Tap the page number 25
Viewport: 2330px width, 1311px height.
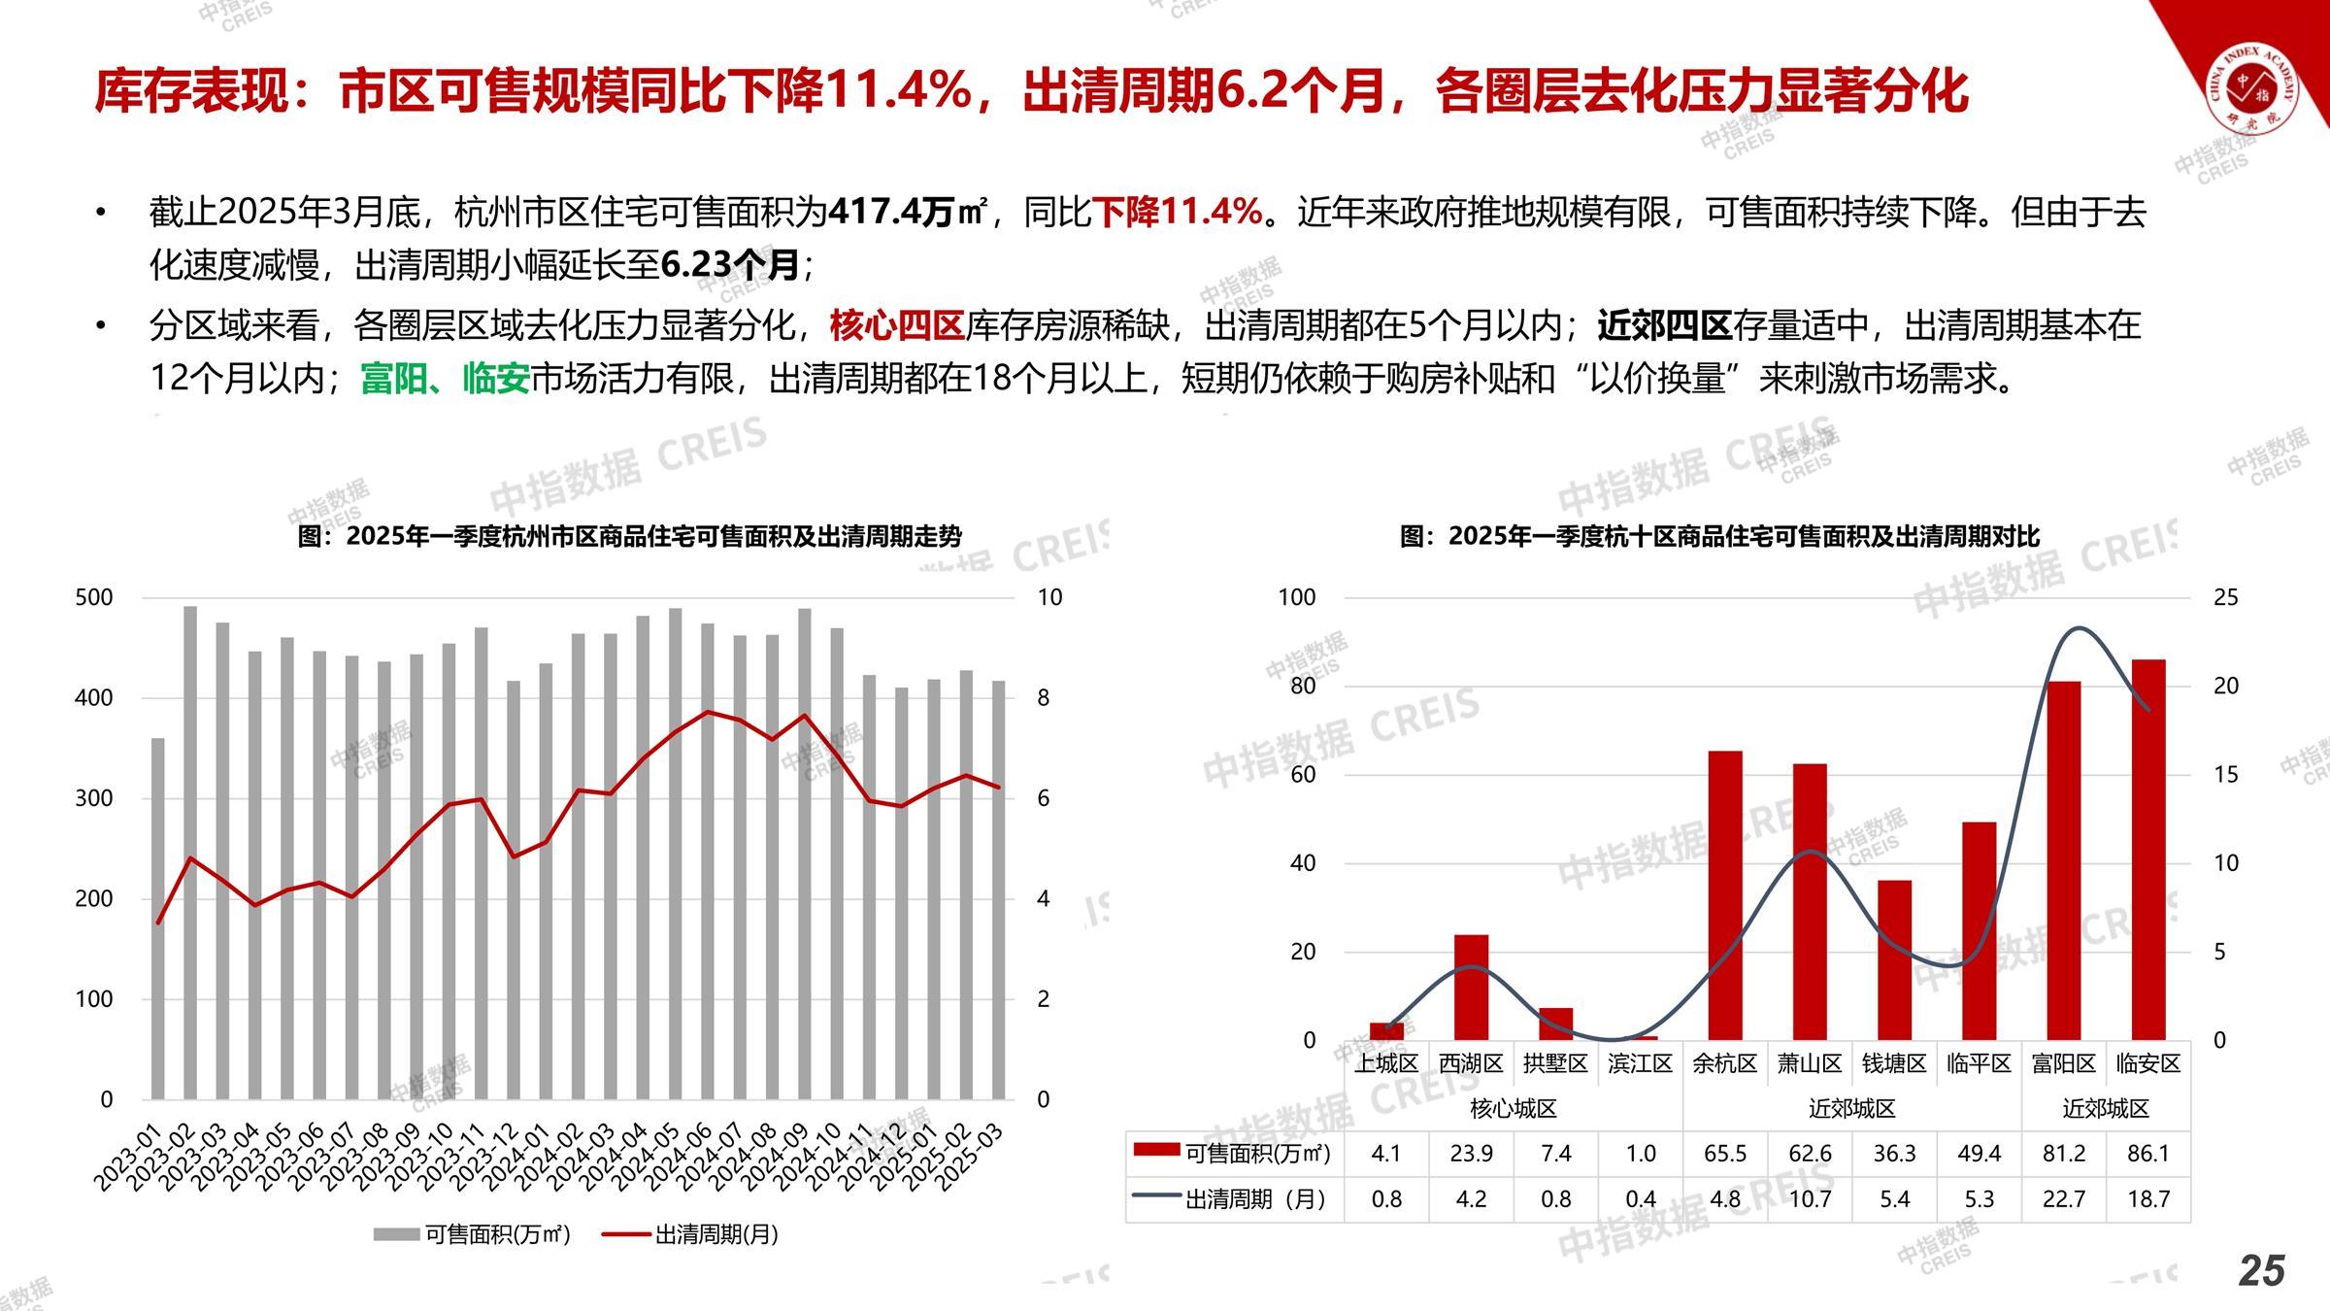[x=2261, y=1271]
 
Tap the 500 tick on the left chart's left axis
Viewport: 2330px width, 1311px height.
[x=94, y=597]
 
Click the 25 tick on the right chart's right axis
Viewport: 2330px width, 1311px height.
[x=2225, y=597]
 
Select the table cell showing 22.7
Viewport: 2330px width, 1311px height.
[x=2063, y=1199]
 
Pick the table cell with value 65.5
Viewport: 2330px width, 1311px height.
[x=1725, y=1154]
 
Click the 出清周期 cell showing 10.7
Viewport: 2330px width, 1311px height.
[x=1810, y=1199]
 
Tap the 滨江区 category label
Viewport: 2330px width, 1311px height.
[x=1640, y=1063]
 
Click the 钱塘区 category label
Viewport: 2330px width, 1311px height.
[x=1894, y=1063]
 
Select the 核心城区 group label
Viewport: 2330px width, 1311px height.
[x=1514, y=1108]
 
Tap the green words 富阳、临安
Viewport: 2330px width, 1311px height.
[x=445, y=378]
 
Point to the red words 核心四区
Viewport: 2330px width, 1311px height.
[x=896, y=325]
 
